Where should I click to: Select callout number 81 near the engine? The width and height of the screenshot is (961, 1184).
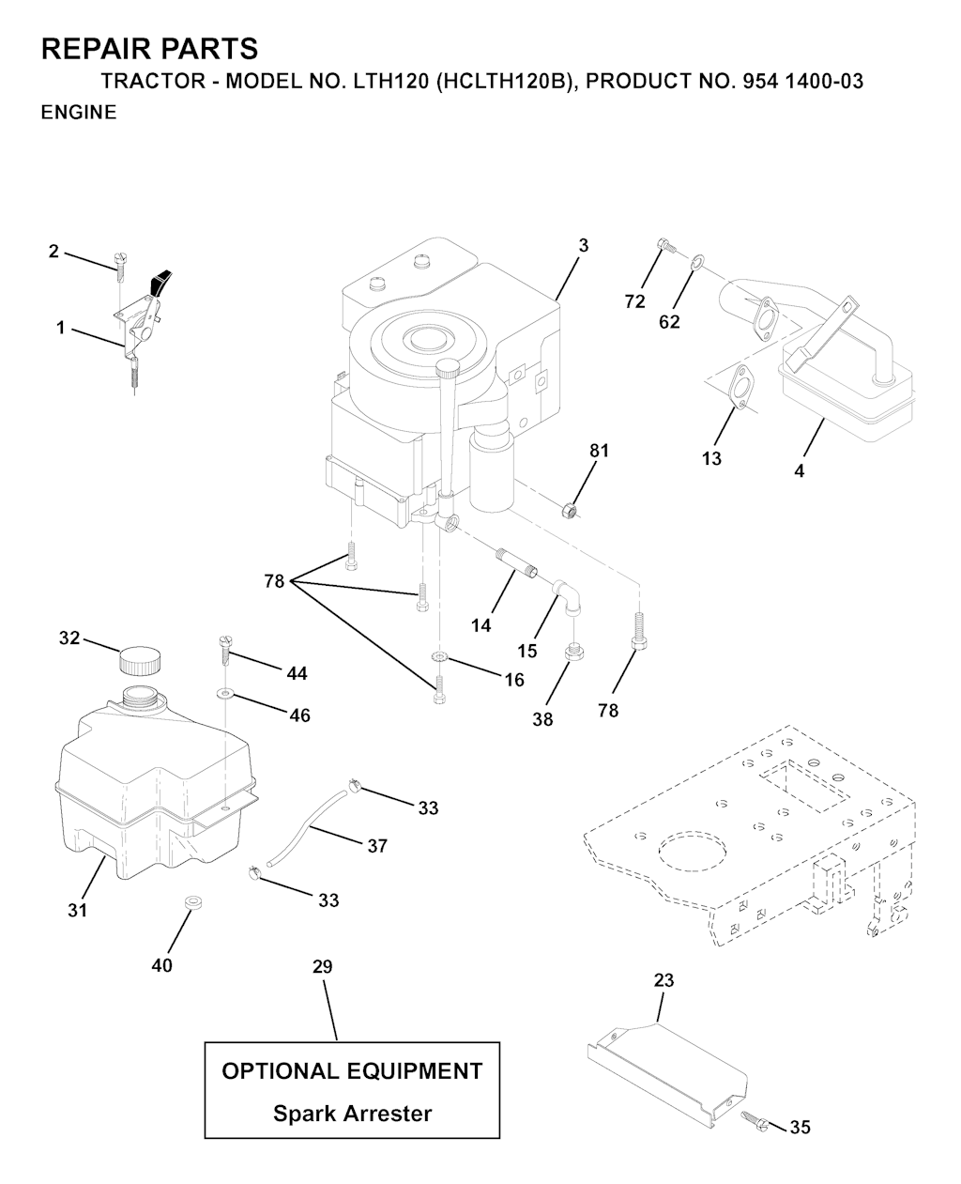point(599,451)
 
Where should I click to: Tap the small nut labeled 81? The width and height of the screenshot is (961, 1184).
point(568,511)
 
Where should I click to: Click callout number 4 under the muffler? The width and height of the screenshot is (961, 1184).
point(799,471)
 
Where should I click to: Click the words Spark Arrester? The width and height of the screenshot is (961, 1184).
point(352,1114)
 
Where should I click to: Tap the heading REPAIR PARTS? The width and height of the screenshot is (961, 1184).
point(149,48)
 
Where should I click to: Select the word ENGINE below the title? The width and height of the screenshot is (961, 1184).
point(79,113)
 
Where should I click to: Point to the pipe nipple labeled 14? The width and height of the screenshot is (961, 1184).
point(515,565)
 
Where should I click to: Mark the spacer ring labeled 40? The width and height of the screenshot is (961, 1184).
point(193,903)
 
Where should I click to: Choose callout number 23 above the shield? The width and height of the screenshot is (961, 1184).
point(664,980)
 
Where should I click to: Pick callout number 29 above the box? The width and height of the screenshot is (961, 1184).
point(322,966)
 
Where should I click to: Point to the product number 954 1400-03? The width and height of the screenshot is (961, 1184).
point(802,82)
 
